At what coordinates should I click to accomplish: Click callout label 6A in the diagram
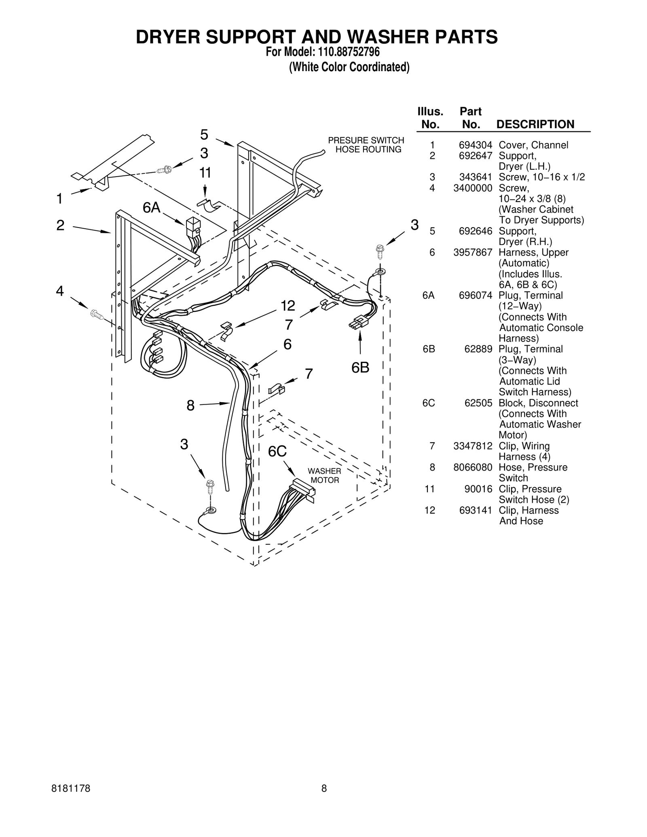(152, 208)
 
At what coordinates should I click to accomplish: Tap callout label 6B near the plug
(360, 367)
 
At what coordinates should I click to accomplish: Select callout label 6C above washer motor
(277, 451)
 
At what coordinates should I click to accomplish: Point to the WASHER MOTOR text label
(324, 476)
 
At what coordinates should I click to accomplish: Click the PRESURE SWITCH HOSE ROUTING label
(366, 145)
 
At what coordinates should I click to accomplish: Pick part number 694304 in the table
(475, 145)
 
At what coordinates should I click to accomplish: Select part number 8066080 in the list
(473, 467)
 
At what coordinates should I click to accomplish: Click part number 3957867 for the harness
(473, 253)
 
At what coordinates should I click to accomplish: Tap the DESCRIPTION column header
(535, 124)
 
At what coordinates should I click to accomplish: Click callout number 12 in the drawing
(288, 306)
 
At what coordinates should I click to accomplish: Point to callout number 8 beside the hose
(190, 405)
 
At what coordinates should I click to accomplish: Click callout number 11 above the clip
(205, 173)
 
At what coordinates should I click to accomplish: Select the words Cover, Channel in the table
(533, 145)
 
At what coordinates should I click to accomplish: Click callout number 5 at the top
(204, 135)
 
